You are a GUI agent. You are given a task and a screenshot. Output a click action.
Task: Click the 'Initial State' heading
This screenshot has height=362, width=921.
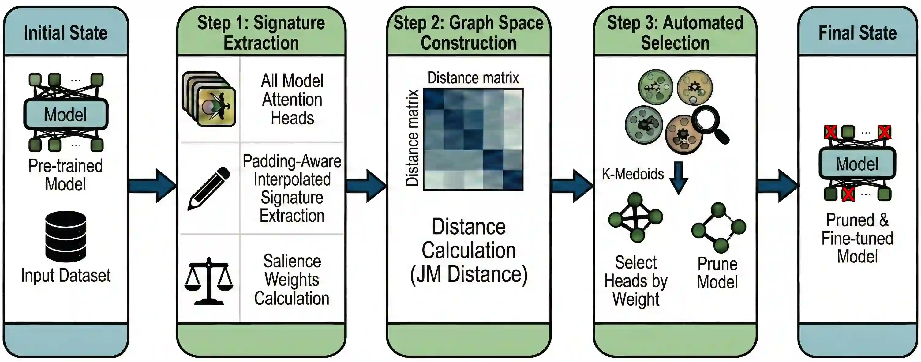66,33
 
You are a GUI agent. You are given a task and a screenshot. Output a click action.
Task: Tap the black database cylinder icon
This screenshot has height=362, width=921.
66,236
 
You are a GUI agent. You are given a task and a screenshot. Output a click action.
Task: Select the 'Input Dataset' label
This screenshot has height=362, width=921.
66,275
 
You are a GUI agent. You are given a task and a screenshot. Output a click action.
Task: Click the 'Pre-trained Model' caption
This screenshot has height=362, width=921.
66,175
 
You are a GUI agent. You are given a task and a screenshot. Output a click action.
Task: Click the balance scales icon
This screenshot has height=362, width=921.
209,281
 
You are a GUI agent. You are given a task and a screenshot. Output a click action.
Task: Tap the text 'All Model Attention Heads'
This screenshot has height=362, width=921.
292,100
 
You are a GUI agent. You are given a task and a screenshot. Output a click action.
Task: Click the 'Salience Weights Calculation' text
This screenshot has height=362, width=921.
292,280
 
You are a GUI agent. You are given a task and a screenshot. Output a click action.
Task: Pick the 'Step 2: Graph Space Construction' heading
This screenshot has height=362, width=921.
468,33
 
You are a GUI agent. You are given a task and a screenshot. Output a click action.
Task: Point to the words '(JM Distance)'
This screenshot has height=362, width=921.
469,275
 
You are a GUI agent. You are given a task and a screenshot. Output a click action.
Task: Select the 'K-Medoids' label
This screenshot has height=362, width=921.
633,174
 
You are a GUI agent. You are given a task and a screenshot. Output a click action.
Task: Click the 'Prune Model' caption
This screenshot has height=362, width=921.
717,273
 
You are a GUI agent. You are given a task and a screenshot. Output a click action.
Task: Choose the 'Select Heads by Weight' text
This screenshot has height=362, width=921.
636,281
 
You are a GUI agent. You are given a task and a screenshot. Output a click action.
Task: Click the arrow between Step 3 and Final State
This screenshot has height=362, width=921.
778,186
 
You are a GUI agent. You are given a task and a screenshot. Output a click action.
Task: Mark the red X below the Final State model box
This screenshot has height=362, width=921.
848,194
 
